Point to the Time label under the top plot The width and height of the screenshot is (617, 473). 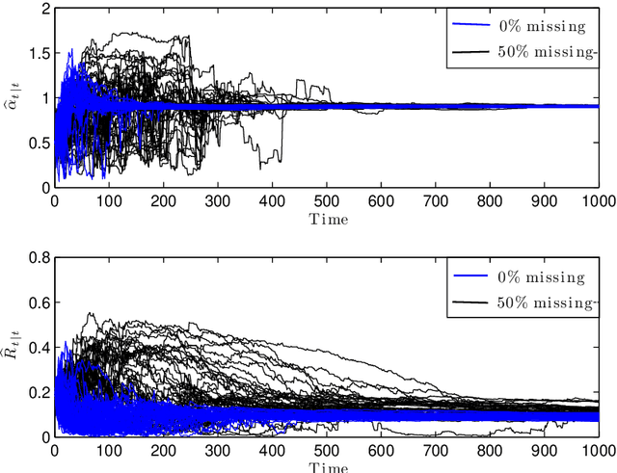(x=328, y=219)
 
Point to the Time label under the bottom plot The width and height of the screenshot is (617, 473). (x=328, y=467)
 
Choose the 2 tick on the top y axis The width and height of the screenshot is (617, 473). (x=43, y=9)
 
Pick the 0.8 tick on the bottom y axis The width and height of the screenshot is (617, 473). (x=37, y=258)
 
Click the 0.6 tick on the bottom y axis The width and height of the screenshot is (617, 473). (x=37, y=302)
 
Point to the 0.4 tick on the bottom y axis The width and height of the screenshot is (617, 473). (x=37, y=348)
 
